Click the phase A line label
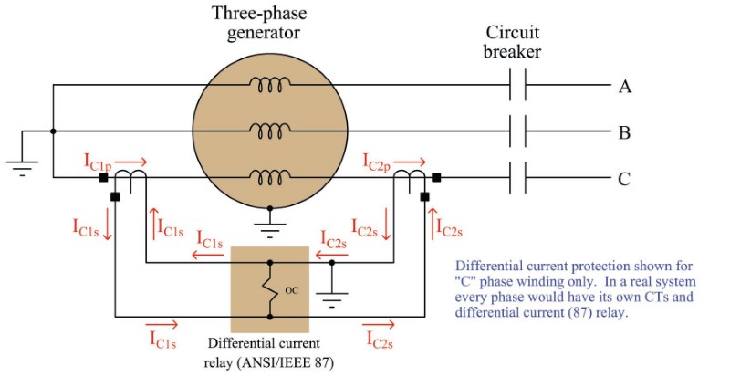[625, 87]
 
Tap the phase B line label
[625, 133]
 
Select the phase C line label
[625, 179]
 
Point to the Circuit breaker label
[514, 41]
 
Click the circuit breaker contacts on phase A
[517, 87]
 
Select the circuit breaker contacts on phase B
[517, 133]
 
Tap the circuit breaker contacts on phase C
[517, 179]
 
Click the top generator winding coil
[269, 85]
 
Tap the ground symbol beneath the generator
[269, 218]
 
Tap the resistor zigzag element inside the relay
[269, 290]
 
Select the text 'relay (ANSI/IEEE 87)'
[269, 361]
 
